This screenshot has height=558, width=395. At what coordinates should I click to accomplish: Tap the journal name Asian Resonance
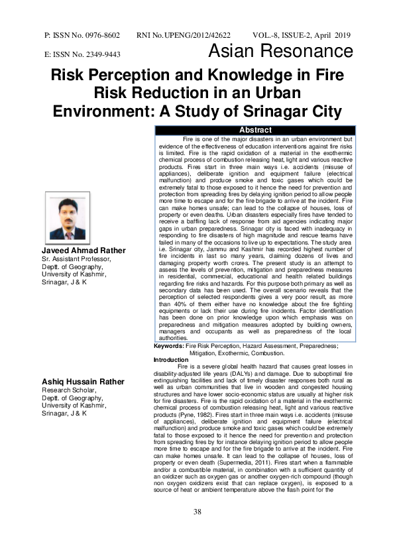point(280,53)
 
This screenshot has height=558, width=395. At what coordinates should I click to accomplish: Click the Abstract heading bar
point(255,130)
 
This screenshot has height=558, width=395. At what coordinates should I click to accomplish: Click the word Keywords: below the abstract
point(169,345)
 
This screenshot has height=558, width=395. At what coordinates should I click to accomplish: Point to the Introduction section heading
point(171,359)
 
